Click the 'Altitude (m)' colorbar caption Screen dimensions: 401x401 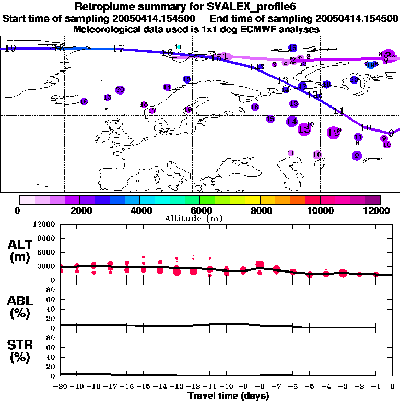coord(200,218)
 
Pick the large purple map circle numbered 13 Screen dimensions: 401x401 coord(304,129)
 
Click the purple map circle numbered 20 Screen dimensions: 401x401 coord(120,90)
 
